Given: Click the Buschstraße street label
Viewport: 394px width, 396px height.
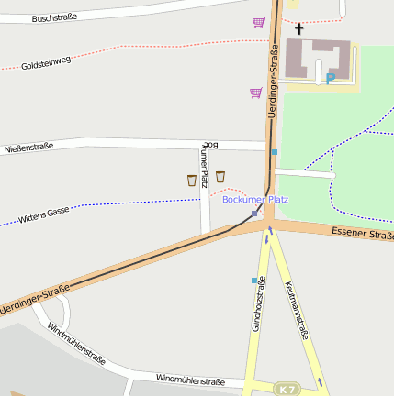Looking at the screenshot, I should (54, 16).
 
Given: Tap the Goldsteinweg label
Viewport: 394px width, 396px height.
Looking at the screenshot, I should (46, 60).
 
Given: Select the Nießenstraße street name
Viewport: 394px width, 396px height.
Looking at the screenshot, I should (29, 146).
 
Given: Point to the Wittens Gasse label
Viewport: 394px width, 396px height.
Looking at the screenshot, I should (44, 216).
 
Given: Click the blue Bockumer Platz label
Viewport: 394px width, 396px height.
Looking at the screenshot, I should (255, 199).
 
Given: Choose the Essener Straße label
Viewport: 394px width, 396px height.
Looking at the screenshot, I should (363, 235).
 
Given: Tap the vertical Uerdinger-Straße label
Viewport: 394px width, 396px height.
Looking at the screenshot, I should (273, 86).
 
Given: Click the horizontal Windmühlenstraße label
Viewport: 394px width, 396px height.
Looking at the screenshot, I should (190, 378).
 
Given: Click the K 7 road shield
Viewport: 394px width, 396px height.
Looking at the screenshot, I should (287, 390).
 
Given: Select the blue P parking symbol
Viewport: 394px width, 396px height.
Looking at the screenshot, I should (331, 79).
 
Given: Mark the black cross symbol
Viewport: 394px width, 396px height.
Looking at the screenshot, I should (298, 28).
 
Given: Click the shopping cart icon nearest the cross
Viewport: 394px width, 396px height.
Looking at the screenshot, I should (259, 22).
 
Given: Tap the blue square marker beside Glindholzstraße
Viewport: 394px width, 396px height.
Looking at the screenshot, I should (254, 280).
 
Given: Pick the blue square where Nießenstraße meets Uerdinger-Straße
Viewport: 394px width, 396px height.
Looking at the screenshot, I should (274, 152).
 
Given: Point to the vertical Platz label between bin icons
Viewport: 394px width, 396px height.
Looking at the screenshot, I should (205, 178).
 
